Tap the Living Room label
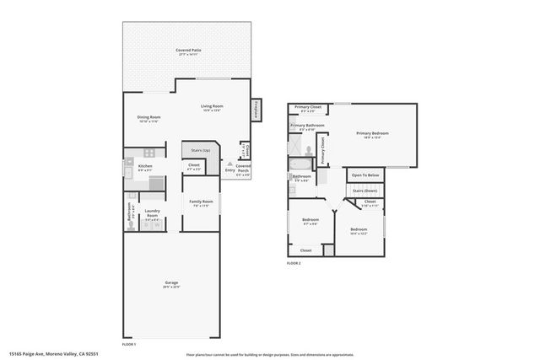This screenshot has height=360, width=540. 212,107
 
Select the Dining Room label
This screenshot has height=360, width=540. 148,119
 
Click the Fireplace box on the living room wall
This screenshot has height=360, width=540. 255,110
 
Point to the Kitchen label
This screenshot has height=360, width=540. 144,168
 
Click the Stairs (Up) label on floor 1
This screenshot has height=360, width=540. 200,150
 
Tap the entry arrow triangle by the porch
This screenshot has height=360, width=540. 230,161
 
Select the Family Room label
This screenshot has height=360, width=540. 201,203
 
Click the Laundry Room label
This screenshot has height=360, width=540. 152,213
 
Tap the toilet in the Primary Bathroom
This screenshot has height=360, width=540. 310,156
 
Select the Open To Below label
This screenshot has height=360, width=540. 365,175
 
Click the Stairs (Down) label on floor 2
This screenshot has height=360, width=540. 365,191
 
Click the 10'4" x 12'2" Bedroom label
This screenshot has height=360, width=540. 359,230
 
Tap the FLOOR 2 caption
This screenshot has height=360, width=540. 294,264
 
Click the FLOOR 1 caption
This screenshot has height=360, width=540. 129,345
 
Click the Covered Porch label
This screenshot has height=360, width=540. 243,167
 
